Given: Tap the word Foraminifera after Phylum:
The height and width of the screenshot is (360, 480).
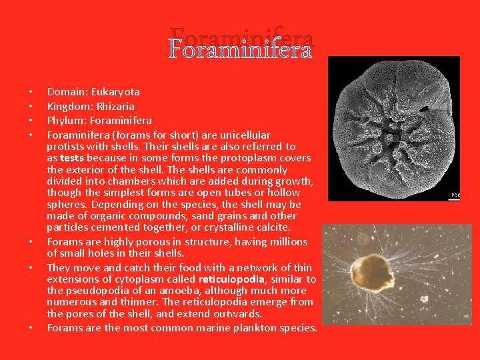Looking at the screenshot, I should (121, 120).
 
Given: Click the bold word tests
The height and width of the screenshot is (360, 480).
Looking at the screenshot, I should (72, 158).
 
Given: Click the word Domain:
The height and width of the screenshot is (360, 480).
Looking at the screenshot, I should (65, 92).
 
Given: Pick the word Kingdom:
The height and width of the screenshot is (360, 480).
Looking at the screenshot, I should (67, 106).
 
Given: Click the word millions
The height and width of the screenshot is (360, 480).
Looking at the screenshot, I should (286, 241).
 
